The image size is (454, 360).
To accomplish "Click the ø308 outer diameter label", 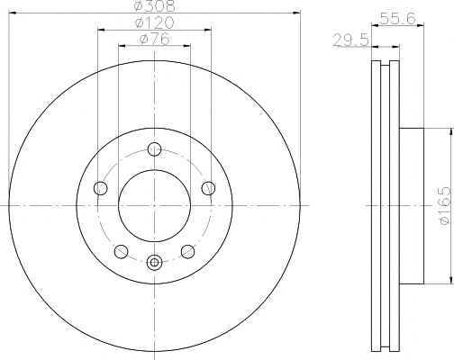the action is coord(154,5).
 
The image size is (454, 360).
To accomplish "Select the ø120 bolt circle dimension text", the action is coord(154,22).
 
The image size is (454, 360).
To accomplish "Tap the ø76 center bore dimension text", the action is coord(155,39).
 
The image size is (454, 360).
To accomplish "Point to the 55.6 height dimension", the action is coord(397,19).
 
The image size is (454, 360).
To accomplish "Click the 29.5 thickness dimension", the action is coord(350,40).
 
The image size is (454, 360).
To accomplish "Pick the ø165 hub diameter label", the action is coord(445,205).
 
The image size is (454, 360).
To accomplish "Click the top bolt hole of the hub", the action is coord(155,149).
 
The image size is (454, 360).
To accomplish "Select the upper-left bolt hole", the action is coord(101,188).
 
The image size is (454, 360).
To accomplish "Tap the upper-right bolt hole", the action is coord(208,188).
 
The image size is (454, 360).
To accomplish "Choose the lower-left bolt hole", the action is coord(121,251).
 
